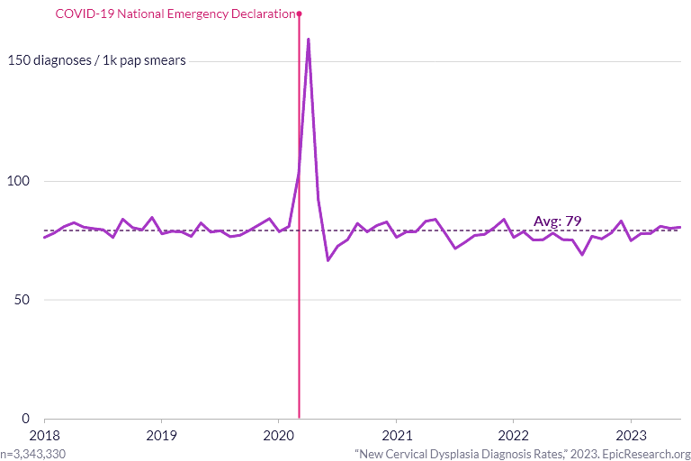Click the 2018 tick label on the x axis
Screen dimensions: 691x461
pyautogui.click(x=44, y=436)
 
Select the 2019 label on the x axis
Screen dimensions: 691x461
pyautogui.click(x=161, y=436)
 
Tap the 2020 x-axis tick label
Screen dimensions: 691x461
pyautogui.click(x=279, y=436)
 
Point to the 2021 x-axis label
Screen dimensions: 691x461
pyautogui.click(x=397, y=436)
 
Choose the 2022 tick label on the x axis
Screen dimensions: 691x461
pyautogui.click(x=514, y=436)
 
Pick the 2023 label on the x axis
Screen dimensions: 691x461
pyautogui.click(x=631, y=436)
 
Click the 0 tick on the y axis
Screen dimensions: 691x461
pyautogui.click(x=25, y=418)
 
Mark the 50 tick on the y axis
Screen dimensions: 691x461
pyautogui.click(x=22, y=300)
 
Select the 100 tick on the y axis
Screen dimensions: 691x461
pyautogui.click(x=19, y=181)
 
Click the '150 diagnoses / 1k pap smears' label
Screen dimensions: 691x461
pyautogui.click(x=97, y=60)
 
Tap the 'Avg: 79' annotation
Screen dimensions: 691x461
pyautogui.click(x=558, y=221)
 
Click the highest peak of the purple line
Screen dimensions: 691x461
pyautogui.click(x=308, y=40)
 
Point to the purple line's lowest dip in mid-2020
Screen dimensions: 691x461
pyautogui.click(x=328, y=260)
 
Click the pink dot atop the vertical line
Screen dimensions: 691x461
pyautogui.click(x=300, y=14)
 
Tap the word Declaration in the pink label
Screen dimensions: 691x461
pyautogui.click(x=263, y=14)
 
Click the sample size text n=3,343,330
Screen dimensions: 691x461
pyautogui.click(x=33, y=454)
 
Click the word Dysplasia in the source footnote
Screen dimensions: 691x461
pyautogui.click(x=456, y=454)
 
